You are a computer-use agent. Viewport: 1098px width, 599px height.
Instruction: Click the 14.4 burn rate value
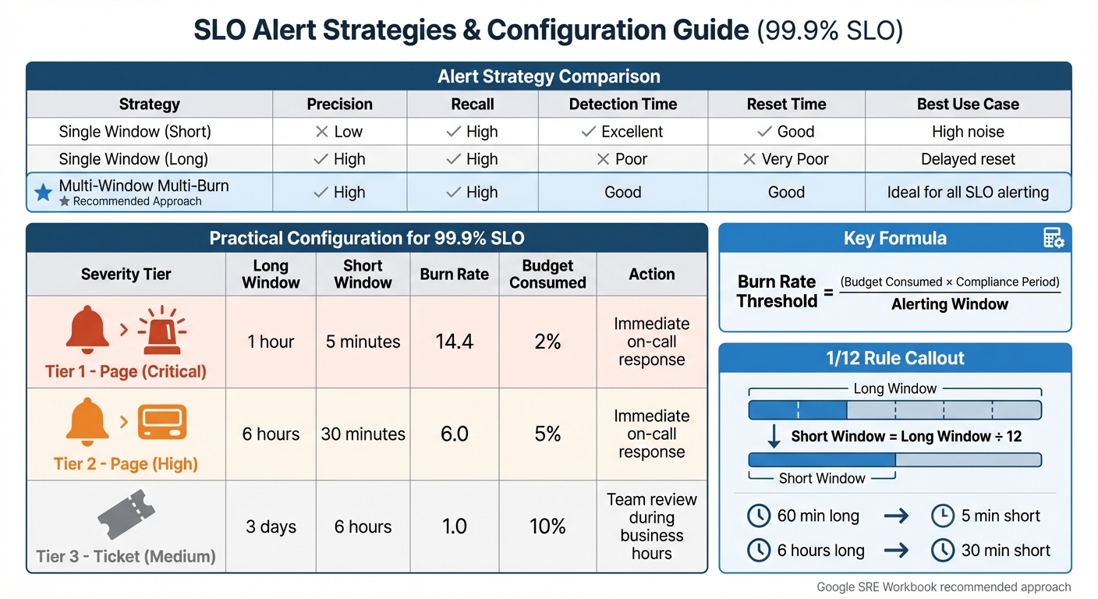click(455, 342)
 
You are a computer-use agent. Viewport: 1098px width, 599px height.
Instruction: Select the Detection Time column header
click(623, 104)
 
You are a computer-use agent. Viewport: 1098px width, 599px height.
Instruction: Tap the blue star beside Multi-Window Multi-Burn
click(44, 192)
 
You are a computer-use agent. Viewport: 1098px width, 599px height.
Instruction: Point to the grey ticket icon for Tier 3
click(126, 516)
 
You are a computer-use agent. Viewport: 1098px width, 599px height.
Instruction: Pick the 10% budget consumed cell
click(547, 526)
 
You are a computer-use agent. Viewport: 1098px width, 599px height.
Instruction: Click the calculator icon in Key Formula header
click(1054, 239)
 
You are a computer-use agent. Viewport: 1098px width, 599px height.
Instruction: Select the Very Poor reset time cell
click(786, 159)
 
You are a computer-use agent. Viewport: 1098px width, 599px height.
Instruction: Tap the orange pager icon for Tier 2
click(162, 422)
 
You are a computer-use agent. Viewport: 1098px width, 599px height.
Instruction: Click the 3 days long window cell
click(271, 526)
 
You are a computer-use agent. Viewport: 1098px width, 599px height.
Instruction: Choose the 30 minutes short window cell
click(363, 434)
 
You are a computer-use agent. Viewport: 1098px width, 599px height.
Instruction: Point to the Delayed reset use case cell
click(968, 159)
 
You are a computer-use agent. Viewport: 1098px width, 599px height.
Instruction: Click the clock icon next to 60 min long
click(759, 516)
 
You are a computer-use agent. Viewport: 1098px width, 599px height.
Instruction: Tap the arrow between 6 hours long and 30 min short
click(897, 551)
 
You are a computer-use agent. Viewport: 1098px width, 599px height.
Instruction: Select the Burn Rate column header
click(454, 274)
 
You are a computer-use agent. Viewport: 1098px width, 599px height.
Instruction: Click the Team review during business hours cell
click(651, 526)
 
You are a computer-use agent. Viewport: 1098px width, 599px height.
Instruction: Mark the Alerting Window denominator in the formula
click(949, 304)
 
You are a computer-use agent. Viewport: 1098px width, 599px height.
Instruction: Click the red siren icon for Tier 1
click(162, 331)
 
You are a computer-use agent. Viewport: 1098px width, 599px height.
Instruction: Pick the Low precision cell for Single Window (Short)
click(339, 132)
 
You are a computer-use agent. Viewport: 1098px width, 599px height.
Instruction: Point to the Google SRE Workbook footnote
click(944, 587)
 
